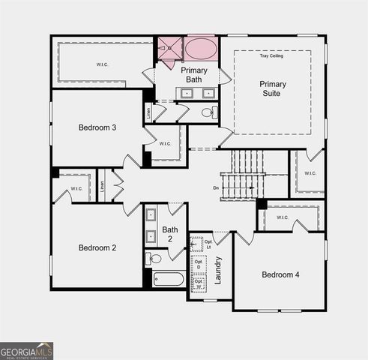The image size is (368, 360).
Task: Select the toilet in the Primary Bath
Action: pyautogui.click(x=208, y=112)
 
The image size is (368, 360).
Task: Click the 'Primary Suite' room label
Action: pyautogui.click(x=273, y=88)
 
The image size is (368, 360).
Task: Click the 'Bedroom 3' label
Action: pyautogui.click(x=97, y=127)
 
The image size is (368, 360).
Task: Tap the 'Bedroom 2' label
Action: pyautogui.click(x=97, y=247)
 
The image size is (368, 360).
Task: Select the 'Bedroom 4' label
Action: pyautogui.click(x=280, y=274)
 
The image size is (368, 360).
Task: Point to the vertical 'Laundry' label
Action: pyautogui.click(x=218, y=270)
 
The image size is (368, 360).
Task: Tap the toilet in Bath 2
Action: pyautogui.click(x=154, y=259)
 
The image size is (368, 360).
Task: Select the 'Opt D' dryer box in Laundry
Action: pyautogui.click(x=199, y=264)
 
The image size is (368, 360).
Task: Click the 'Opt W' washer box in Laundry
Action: pyautogui.click(x=199, y=284)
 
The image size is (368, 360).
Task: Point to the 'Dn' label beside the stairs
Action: pyautogui.click(x=216, y=187)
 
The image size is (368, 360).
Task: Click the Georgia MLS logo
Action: pyautogui.click(x=26, y=350)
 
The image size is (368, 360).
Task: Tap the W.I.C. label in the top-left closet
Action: pyautogui.click(x=102, y=64)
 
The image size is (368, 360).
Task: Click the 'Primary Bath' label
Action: pyautogui.click(x=193, y=74)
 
